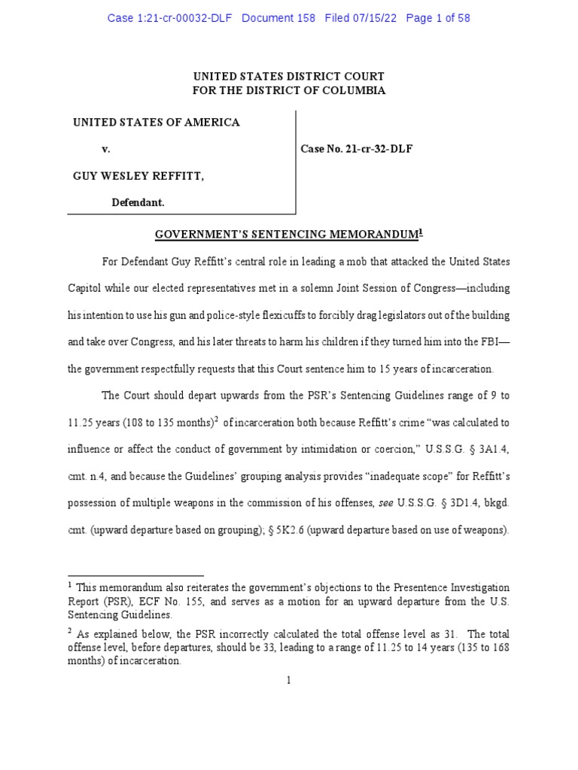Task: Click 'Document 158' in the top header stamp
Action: [279, 18]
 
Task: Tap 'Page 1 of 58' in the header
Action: [438, 18]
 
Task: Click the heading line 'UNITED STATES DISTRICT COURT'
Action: [289, 77]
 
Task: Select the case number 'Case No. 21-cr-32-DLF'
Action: [357, 149]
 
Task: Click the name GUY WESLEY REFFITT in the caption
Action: [138, 176]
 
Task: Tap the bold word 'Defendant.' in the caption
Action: [138, 202]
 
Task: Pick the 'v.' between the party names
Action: [106, 149]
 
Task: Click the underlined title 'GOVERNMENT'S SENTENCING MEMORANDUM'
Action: [286, 235]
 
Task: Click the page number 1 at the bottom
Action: [289, 680]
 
